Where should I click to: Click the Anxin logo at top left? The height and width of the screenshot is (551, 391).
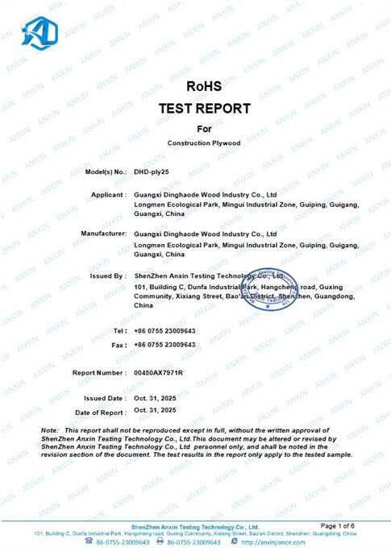pyautogui.click(x=40, y=31)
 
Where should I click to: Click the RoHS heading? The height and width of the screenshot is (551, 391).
pyautogui.click(x=203, y=85)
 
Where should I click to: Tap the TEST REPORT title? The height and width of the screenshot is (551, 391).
pyautogui.click(x=204, y=108)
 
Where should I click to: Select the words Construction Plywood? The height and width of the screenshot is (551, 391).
pyautogui.click(x=204, y=143)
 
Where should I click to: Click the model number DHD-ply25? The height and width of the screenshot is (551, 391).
pyautogui.click(x=151, y=172)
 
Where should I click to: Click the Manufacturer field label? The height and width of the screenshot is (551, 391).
pyautogui.click(x=103, y=234)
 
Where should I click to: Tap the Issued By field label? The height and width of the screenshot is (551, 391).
pyautogui.click(x=109, y=276)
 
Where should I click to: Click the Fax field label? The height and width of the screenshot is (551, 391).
pyautogui.click(x=118, y=344)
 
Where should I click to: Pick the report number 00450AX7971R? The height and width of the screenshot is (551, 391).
pyautogui.click(x=159, y=373)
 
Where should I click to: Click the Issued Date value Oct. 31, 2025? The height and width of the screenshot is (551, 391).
pyautogui.click(x=155, y=398)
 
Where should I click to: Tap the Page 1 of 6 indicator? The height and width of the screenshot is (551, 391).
pyautogui.click(x=336, y=525)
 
